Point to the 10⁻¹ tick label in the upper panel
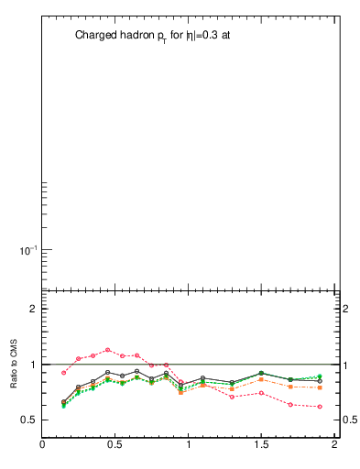pyautogui.click(x=22, y=249)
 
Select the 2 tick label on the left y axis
pyautogui.click(x=32, y=309)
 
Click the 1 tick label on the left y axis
pyautogui.click(x=32, y=365)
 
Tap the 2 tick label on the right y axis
pyautogui.click(x=346, y=309)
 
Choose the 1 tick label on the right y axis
pyautogui.click(x=346, y=365)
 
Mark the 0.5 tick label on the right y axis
pyautogui.click(x=349, y=420)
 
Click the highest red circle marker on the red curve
pyautogui.click(x=108, y=350)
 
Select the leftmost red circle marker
pyautogui.click(x=64, y=373)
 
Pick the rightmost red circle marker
pyautogui.click(x=320, y=407)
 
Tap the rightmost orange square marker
pyautogui.click(x=320, y=387)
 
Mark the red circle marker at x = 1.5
pyautogui.click(x=261, y=393)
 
